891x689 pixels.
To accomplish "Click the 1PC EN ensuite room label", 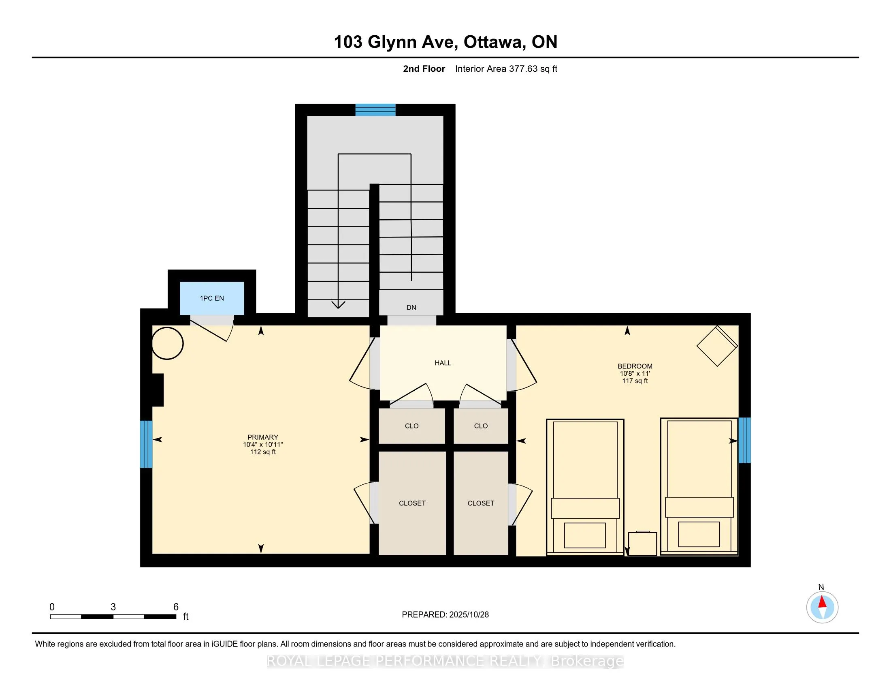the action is [x=212, y=298].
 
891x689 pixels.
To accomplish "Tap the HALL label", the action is [x=443, y=363].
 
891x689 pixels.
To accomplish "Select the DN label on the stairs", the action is [x=411, y=307].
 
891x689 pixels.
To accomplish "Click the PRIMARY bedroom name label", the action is [x=263, y=437].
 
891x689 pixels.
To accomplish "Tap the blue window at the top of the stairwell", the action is [x=375, y=110].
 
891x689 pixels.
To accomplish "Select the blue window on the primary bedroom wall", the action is [x=147, y=444].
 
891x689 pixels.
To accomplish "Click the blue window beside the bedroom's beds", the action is [x=744, y=440].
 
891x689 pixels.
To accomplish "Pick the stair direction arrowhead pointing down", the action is [x=338, y=304].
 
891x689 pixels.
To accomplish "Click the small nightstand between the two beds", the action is [x=643, y=543].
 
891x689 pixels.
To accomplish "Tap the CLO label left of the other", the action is [x=411, y=426].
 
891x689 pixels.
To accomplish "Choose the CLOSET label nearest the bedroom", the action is [x=481, y=503].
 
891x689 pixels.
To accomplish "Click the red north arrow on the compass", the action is [x=823, y=602].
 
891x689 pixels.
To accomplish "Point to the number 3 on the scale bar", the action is [x=113, y=607].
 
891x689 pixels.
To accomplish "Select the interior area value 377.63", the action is [x=523, y=68].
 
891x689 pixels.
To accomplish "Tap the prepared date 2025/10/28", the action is [x=469, y=615].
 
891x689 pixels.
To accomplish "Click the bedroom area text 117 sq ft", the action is [x=635, y=381].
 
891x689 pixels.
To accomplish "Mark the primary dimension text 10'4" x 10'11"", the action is [x=263, y=445].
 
